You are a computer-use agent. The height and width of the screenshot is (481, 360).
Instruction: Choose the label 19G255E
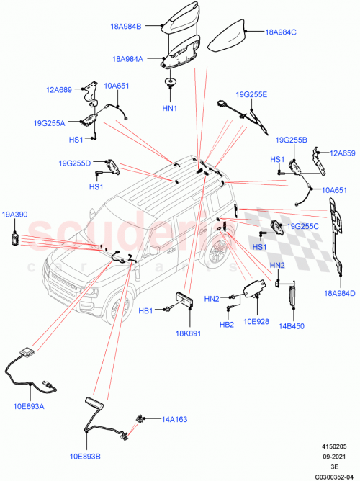coord(251,94)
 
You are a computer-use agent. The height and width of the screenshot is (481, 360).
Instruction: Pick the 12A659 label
coord(343,153)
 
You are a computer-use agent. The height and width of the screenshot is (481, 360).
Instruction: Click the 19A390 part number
coord(14,215)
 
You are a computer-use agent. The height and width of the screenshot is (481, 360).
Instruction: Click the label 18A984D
coord(340,293)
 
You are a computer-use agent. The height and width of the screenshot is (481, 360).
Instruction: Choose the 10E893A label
coord(29,407)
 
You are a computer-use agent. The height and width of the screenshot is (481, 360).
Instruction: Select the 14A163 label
coord(175,418)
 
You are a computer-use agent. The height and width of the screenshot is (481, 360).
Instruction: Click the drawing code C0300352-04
coord(333,475)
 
